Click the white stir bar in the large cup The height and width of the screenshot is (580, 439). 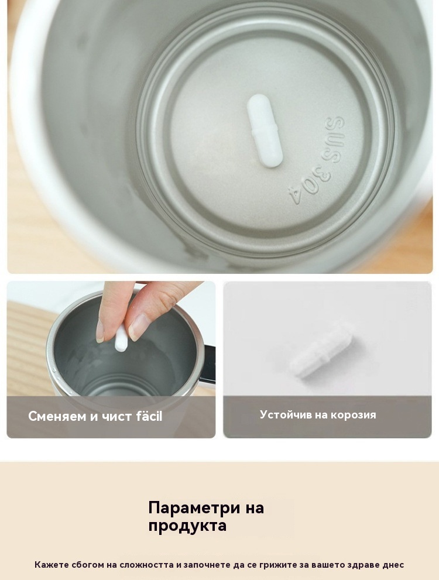coord(264,129)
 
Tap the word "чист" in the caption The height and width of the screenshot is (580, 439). coord(116,417)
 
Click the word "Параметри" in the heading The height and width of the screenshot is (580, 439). coord(194,508)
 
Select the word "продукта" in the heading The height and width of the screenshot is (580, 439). coord(187,526)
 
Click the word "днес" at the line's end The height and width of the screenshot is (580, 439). coord(393,565)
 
